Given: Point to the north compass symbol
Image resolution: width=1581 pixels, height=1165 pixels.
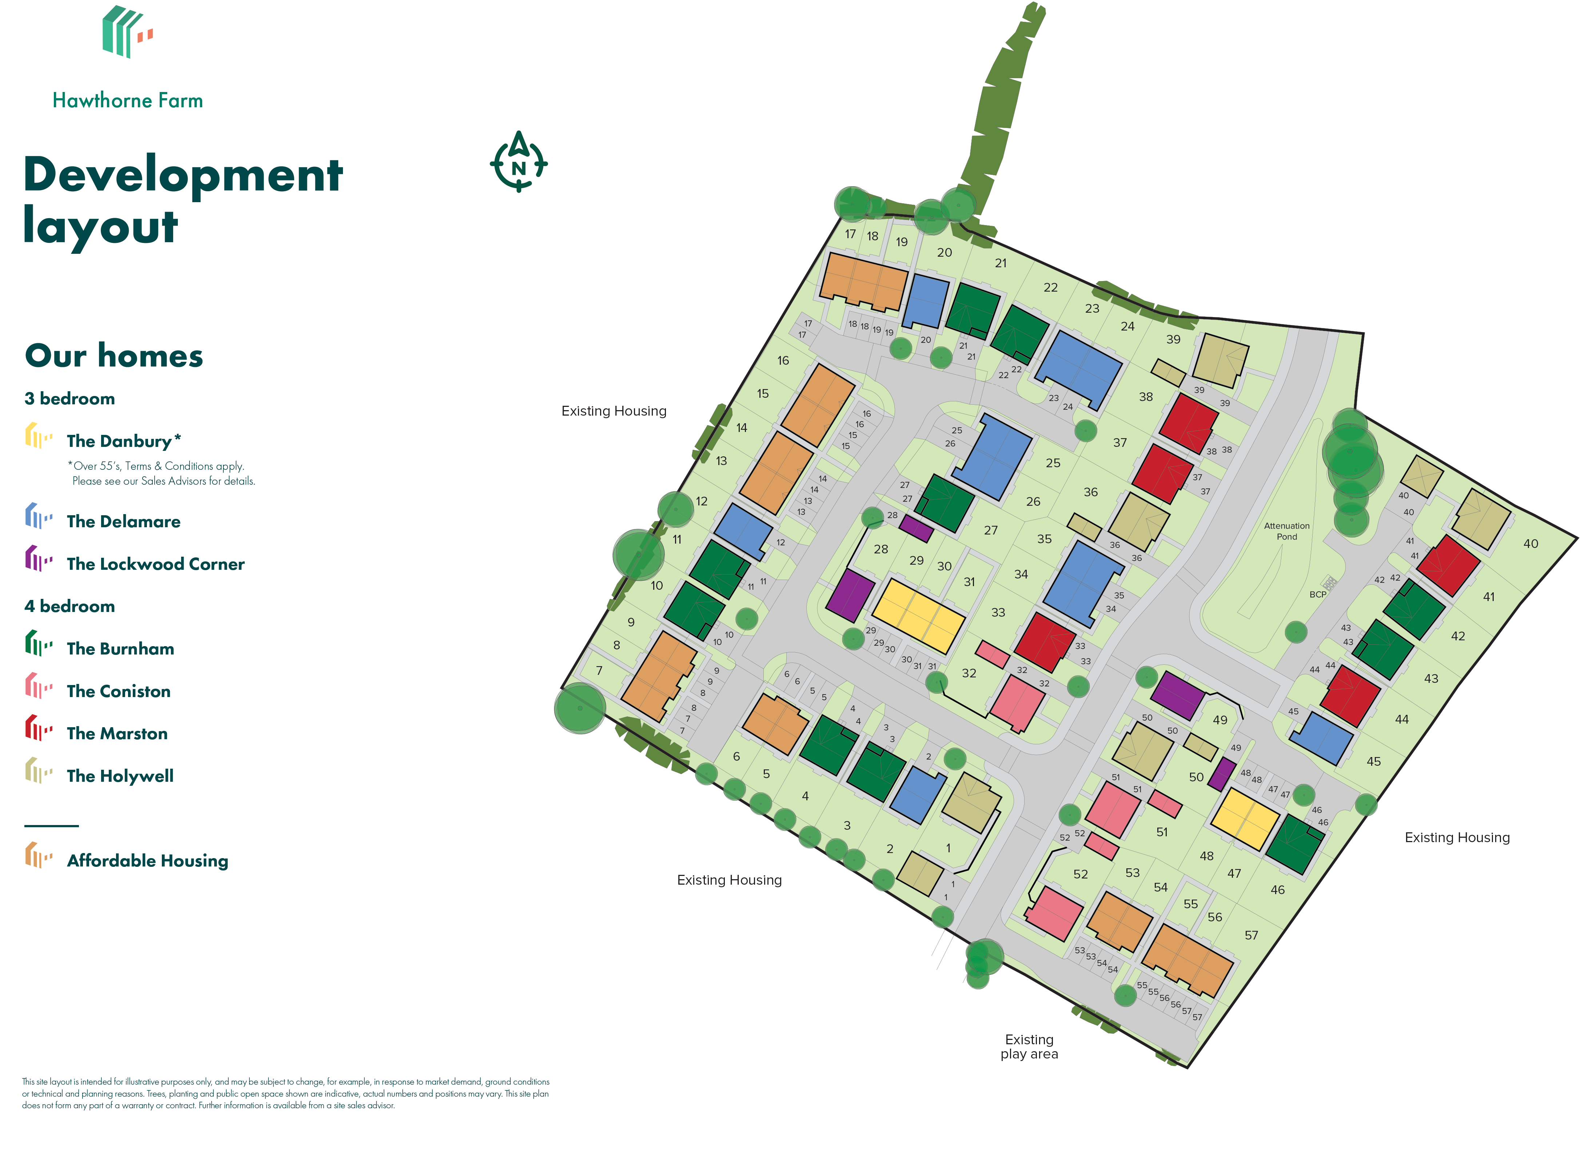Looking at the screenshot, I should [518, 162].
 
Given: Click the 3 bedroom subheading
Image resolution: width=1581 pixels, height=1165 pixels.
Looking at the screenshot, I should [69, 399].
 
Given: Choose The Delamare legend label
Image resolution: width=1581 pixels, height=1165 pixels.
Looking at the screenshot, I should [123, 522].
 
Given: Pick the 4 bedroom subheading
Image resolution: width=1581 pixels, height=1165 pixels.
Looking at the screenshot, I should [69, 606].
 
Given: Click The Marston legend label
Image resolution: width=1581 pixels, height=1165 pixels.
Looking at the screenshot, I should [117, 733].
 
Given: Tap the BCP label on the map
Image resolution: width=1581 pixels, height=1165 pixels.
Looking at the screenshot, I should [1317, 594].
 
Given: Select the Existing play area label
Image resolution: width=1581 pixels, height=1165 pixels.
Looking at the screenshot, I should [1029, 1046].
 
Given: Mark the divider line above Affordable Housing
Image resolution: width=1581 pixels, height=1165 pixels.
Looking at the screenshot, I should [52, 825].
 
